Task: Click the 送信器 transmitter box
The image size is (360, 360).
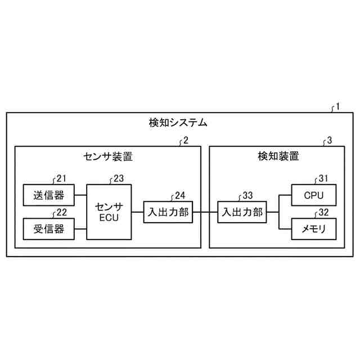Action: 48,195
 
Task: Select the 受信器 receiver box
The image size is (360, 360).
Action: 48,228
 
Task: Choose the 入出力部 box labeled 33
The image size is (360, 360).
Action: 242,212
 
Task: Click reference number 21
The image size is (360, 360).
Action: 61,179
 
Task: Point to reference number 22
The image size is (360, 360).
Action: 61,213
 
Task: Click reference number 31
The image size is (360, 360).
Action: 323,179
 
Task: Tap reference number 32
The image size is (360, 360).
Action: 323,213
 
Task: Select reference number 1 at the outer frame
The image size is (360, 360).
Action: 337,106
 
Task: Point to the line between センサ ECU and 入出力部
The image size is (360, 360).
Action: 137,212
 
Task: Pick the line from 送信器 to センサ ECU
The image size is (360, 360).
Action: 80,195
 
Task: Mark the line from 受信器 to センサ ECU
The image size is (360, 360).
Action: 80,228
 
